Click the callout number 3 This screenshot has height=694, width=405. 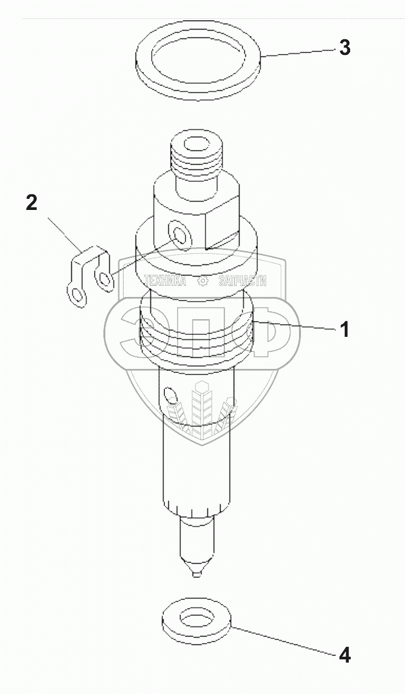click(345, 48)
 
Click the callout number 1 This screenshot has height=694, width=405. click(345, 329)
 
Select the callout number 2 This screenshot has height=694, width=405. click(31, 203)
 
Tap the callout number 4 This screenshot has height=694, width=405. click(345, 655)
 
